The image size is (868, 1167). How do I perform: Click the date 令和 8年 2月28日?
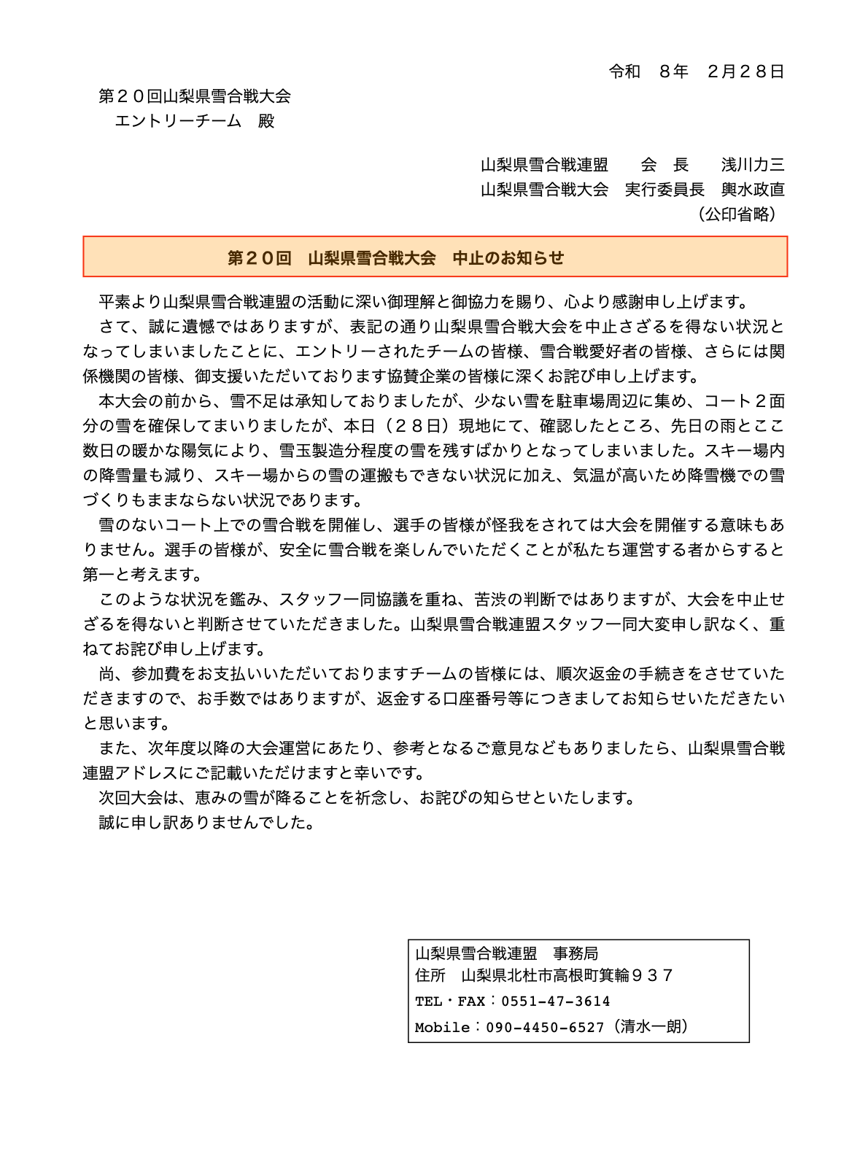tap(697, 71)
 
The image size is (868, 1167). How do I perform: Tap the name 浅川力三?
tap(753, 165)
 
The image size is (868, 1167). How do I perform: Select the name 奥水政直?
tap(753, 190)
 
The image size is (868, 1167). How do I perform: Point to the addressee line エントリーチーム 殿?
tap(194, 121)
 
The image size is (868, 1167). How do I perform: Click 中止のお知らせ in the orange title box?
tap(508, 257)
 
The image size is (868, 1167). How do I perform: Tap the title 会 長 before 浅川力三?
tap(664, 165)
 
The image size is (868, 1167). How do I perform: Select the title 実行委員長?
tap(664, 190)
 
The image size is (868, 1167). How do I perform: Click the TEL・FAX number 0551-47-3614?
tap(555, 1001)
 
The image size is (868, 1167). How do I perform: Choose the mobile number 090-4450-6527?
tap(545, 1028)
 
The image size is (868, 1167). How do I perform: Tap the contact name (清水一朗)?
tap(651, 1027)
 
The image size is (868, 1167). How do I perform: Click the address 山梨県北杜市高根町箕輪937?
tap(567, 976)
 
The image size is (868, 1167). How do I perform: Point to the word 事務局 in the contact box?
tap(576, 953)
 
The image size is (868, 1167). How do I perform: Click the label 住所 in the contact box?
tap(430, 976)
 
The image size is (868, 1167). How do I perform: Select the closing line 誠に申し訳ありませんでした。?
tap(207, 823)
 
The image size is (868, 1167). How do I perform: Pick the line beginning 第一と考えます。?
tap(142, 575)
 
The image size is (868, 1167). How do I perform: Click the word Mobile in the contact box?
tap(442, 1028)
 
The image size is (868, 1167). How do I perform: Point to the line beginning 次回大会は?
tap(368, 798)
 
